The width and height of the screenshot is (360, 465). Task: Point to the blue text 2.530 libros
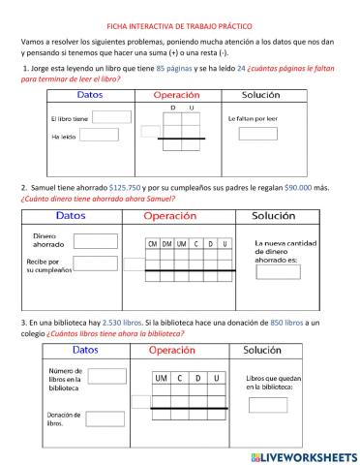click(x=120, y=322)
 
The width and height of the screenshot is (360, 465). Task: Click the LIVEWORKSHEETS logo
click(x=303, y=455)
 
